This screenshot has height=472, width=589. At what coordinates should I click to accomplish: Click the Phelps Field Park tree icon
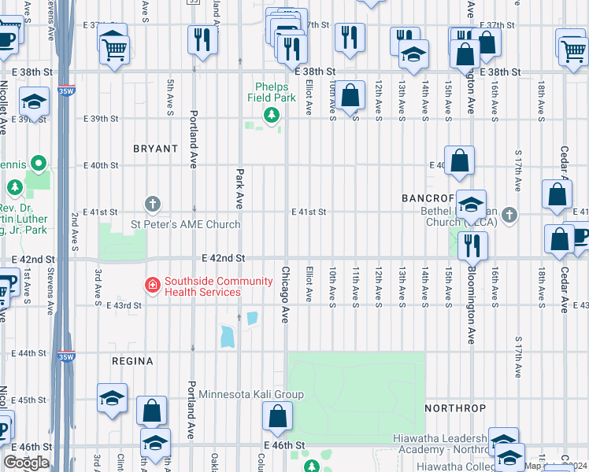[272, 116]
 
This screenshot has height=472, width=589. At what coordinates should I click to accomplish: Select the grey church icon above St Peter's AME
[154, 205]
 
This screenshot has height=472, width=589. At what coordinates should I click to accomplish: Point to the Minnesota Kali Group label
[250, 394]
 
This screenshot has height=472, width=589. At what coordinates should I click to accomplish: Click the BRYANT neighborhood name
[156, 148]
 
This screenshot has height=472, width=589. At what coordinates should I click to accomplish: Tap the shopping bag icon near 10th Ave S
[352, 94]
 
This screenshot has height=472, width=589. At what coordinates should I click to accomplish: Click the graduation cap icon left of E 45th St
[113, 398]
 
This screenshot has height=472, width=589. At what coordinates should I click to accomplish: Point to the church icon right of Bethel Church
[510, 215]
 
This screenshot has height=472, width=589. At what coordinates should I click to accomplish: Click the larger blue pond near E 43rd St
[228, 337]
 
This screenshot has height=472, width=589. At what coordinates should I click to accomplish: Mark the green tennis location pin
[37, 164]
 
